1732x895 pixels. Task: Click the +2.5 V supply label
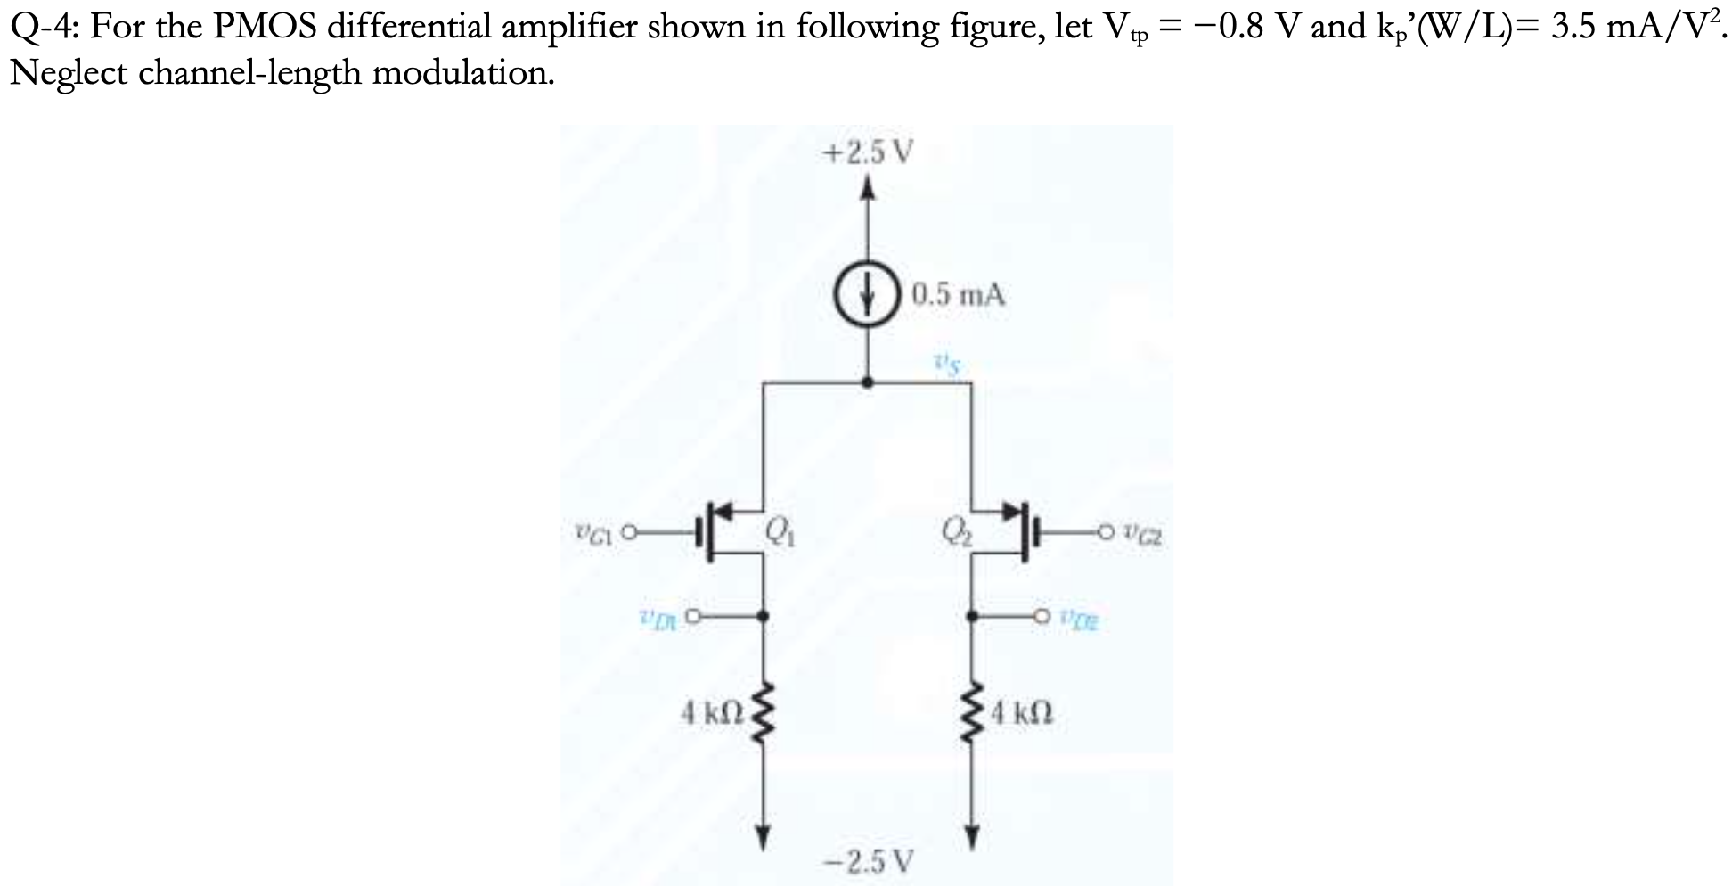(869, 153)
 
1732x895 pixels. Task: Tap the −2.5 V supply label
(869, 862)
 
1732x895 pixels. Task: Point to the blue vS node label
(946, 363)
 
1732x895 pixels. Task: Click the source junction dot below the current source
(870, 382)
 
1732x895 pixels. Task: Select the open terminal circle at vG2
(1107, 536)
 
